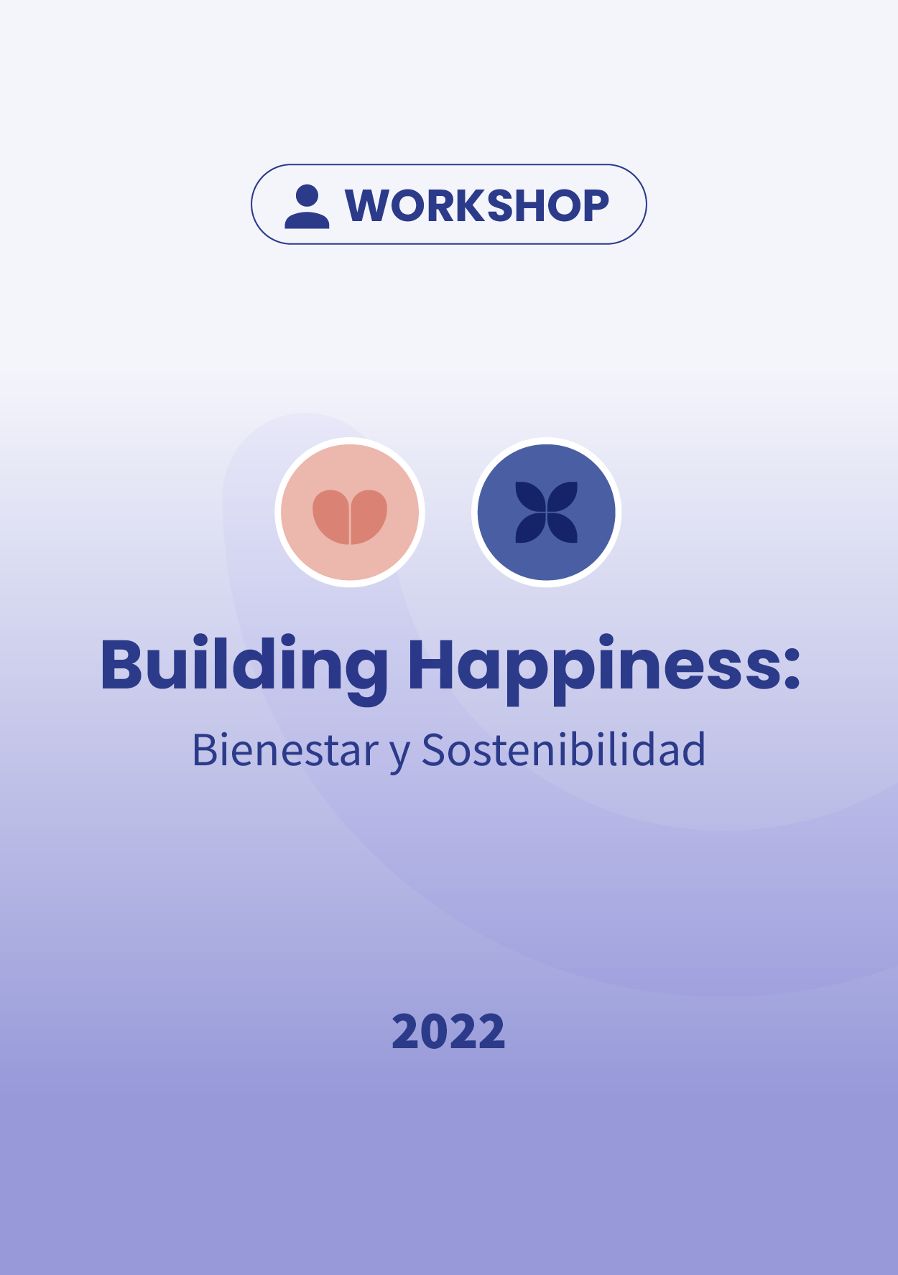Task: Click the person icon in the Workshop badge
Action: coord(307,207)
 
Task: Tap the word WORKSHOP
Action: coord(477,206)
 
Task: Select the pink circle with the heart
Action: coord(350,512)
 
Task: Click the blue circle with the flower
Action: coord(547,512)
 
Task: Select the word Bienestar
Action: coord(285,751)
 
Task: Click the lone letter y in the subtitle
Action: coord(400,754)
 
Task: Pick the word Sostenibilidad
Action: coord(563,750)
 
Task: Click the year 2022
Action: coord(448,1032)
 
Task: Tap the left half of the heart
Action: coord(331,515)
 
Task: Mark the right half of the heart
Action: coord(369,515)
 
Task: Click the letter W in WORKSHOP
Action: coord(369,206)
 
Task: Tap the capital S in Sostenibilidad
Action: coord(434,751)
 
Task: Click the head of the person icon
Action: coord(307,195)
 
